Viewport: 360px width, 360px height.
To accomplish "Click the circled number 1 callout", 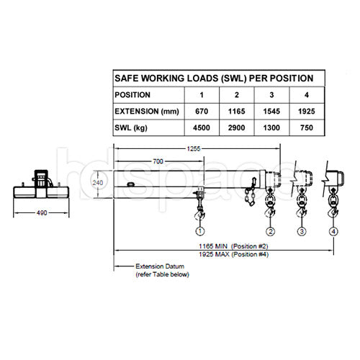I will [199, 232].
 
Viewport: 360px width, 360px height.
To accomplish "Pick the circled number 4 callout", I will [333, 232].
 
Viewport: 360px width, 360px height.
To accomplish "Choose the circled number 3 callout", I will [302, 232].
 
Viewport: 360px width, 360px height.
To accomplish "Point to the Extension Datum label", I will [157, 266].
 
